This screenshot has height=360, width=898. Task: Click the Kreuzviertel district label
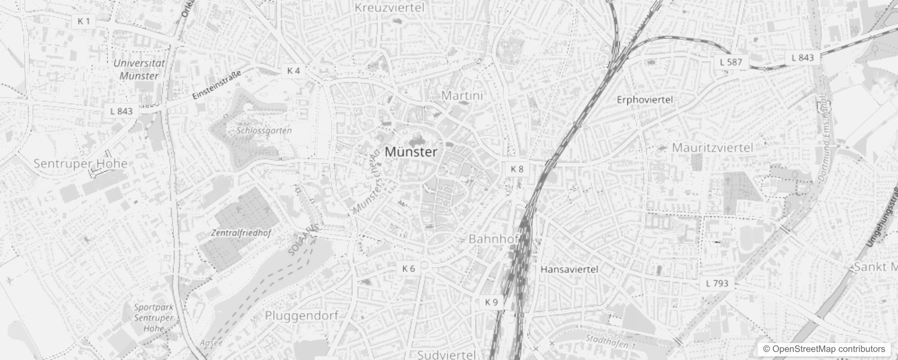tap(390, 8)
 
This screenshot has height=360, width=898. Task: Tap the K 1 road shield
tap(84, 21)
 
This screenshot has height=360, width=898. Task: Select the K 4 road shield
tap(293, 71)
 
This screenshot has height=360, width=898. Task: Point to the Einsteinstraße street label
tap(216, 85)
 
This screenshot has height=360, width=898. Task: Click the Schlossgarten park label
tap(264, 131)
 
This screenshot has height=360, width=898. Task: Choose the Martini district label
tap(462, 95)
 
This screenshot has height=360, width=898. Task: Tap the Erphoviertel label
tap(645, 99)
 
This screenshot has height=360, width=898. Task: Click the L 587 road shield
tap(731, 62)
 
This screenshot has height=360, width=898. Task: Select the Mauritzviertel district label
tap(712, 148)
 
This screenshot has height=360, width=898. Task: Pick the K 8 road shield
tap(517, 169)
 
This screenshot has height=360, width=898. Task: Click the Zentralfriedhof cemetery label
tap(241, 233)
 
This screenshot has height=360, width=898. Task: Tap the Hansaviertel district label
tap(569, 270)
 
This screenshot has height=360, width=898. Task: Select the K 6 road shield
tap(409, 269)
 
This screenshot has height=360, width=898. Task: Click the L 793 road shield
tap(717, 283)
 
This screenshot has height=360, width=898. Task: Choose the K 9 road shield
tap(491, 302)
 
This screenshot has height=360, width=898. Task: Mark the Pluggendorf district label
tap(301, 315)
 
